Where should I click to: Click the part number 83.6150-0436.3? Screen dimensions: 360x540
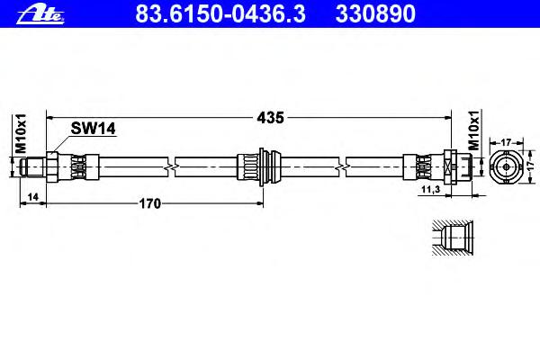[202, 13]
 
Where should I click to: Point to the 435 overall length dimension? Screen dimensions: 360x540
[272, 117]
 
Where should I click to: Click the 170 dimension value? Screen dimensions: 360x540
[149, 203]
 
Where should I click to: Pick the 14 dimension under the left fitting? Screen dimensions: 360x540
[32, 196]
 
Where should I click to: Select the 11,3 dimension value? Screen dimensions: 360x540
[430, 191]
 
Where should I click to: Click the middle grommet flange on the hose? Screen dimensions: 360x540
[261, 166]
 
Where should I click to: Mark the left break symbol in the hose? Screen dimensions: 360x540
[171, 166]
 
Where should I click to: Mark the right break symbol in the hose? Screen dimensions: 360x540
[343, 166]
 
